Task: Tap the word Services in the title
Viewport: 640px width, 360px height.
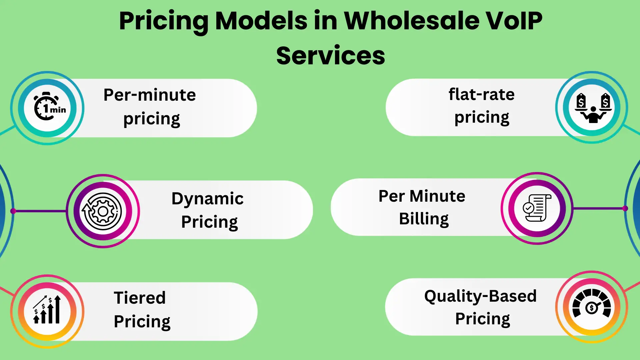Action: [x=330, y=56]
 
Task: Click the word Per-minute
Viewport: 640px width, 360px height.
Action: [x=150, y=95]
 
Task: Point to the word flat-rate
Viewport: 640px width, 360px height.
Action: [x=481, y=94]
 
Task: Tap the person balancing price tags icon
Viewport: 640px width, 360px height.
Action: [x=592, y=107]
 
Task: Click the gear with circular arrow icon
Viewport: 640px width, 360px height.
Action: [x=103, y=211]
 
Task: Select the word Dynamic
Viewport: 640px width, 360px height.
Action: [x=207, y=199]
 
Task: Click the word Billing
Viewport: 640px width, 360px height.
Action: [x=424, y=219]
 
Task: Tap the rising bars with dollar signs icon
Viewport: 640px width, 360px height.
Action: [x=47, y=310]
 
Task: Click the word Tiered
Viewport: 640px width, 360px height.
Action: [x=140, y=298]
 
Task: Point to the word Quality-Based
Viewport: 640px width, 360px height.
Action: [x=480, y=296]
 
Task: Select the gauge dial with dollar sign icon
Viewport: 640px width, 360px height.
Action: [x=592, y=306]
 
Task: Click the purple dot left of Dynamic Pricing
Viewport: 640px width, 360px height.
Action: [x=13, y=211]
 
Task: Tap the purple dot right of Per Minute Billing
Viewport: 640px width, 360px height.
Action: [x=625, y=208]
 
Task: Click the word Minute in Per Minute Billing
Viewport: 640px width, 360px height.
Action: [x=437, y=196]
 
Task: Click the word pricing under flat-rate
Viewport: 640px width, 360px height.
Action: [x=482, y=118]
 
